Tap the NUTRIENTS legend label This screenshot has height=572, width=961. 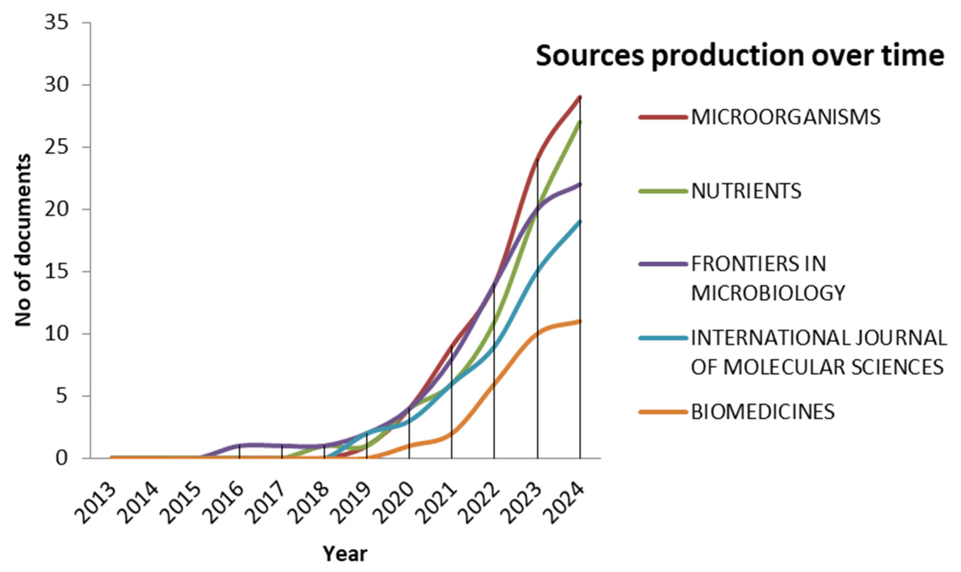point(746,191)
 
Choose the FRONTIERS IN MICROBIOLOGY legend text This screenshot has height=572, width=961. point(768,278)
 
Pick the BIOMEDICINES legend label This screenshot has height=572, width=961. point(763,412)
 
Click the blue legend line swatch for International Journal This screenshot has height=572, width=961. point(663,338)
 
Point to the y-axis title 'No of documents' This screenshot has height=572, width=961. point(23,240)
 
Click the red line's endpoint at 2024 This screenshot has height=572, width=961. point(580,97)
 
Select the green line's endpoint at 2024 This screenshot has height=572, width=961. point(580,122)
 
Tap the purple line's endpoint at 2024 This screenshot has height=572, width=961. point(580,184)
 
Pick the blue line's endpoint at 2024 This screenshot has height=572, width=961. point(580,222)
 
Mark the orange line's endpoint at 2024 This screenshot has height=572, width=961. point(580,321)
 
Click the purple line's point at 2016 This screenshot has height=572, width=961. point(240,446)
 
